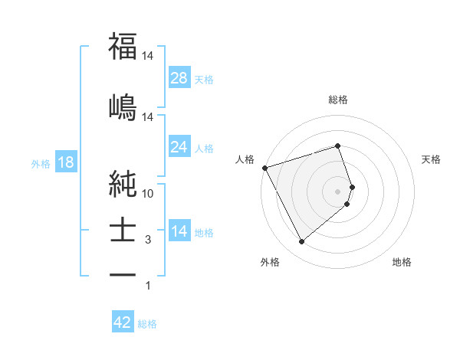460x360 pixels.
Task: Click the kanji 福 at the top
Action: (x=123, y=47)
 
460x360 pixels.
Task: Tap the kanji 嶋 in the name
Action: (x=123, y=106)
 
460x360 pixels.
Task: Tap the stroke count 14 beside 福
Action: (x=148, y=57)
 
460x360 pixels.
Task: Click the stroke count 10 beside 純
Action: (x=148, y=194)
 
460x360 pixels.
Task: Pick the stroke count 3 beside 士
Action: (x=148, y=240)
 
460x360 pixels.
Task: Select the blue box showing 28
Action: (x=179, y=78)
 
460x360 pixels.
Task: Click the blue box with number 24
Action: (x=179, y=147)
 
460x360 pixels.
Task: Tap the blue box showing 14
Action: (x=179, y=231)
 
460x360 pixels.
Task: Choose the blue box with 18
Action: (x=65, y=163)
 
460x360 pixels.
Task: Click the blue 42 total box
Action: (x=123, y=322)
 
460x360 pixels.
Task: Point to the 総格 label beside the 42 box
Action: (x=147, y=324)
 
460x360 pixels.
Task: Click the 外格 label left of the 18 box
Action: (x=41, y=164)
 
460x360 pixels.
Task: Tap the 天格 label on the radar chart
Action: (x=432, y=159)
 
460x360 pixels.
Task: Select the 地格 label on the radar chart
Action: (x=402, y=262)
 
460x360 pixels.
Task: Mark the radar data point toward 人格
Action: (x=264, y=168)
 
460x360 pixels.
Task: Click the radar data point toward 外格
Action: (x=301, y=242)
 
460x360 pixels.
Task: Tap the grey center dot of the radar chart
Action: (x=338, y=191)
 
